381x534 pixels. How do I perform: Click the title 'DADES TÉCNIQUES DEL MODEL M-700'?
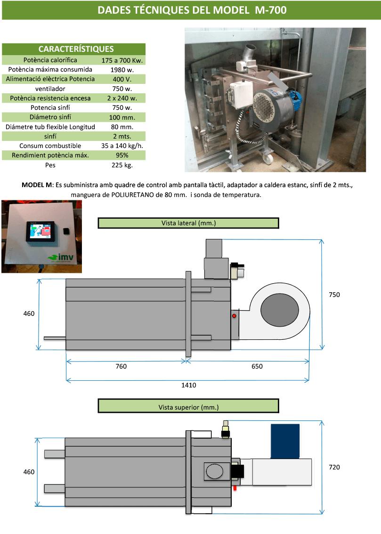tap(191, 10)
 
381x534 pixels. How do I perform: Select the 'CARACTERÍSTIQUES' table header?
tap(75, 49)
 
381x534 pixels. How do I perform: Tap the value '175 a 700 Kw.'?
tap(122, 60)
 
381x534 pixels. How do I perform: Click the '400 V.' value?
tap(122, 79)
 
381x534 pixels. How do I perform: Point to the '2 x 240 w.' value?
tap(122, 98)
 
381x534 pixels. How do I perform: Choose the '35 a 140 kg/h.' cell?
tap(122, 146)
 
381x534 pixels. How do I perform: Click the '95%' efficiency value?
tap(122, 155)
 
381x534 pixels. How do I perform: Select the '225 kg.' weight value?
tap(122, 165)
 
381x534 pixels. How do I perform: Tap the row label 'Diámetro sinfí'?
tap(50, 117)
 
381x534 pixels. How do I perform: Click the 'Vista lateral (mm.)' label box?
tap(188, 223)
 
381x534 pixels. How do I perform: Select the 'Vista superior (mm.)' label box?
tap(188, 406)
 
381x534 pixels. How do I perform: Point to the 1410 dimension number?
tap(188, 385)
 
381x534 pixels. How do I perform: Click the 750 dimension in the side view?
tap(334, 295)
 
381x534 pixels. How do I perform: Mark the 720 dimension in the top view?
tap(334, 467)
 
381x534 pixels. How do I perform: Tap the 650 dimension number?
tap(257, 366)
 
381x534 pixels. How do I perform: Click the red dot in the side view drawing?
tap(233, 316)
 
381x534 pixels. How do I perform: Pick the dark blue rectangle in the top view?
tap(285, 441)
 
